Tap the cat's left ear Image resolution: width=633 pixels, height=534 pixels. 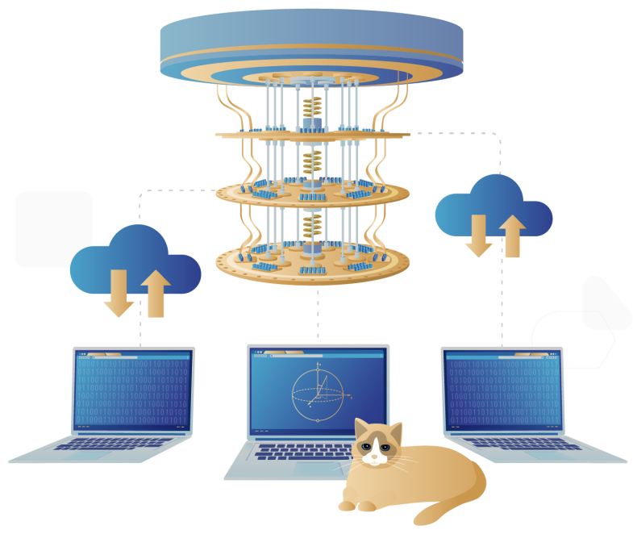point(360,428)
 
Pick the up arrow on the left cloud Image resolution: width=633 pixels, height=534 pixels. point(156,293)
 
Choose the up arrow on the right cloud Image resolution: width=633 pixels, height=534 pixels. point(512,235)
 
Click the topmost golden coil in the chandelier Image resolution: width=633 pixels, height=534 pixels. point(312,106)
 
